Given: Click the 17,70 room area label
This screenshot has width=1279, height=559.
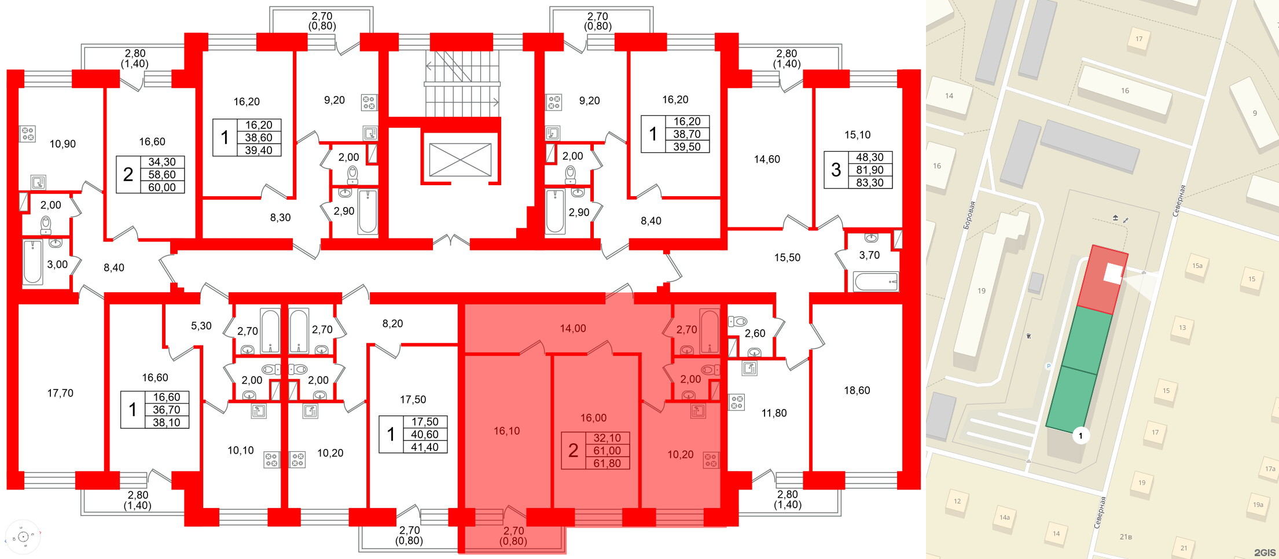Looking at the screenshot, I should tap(60, 393).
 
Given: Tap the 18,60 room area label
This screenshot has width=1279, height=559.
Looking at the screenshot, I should tap(857, 391).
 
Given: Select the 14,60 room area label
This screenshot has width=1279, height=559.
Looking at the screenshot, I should tap(767, 159).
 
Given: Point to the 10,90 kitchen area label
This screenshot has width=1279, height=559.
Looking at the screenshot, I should tap(63, 144).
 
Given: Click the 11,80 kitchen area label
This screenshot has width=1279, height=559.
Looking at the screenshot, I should tap(774, 413).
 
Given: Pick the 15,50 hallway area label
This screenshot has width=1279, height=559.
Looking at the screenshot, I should tap(787, 258).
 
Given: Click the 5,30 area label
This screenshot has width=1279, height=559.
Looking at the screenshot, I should tap(201, 326).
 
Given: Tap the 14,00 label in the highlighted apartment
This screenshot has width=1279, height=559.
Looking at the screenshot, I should tap(573, 329).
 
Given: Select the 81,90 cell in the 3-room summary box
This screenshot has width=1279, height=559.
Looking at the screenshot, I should tap(869, 170).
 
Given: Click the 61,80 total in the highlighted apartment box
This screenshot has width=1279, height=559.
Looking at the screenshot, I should tap(607, 463).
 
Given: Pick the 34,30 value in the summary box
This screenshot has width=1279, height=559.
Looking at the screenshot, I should tap(161, 162).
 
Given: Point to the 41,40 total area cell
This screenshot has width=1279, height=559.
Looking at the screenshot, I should tap(424, 447).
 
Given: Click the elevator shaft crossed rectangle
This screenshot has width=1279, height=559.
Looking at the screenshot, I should tap(460, 160).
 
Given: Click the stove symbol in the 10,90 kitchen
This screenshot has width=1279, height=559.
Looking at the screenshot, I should tap(28, 134).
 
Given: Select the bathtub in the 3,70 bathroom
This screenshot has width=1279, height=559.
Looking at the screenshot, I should tap(876, 282).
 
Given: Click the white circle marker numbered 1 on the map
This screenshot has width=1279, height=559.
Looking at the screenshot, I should tap(1080, 436).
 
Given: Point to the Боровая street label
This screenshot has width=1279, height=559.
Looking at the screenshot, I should tap(969, 215).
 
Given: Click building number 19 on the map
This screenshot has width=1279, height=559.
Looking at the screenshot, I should tap(982, 291).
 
